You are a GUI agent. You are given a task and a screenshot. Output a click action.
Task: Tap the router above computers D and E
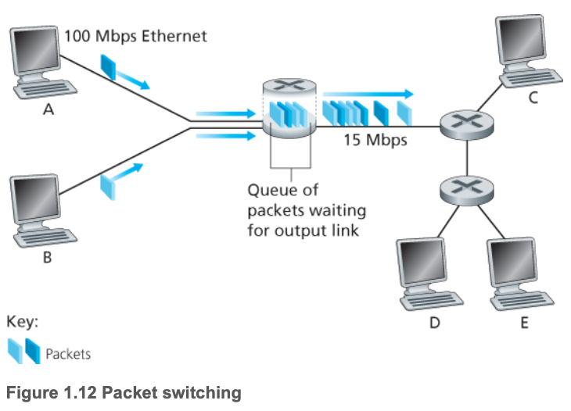[x=466, y=188]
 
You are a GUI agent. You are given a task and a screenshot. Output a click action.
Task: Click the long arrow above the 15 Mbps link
[x=368, y=92]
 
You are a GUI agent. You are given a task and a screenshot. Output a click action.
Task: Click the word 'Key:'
[x=22, y=321]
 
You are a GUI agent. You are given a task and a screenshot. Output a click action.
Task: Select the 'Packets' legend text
[x=68, y=354]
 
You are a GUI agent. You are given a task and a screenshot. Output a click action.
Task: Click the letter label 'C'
[x=533, y=97]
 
